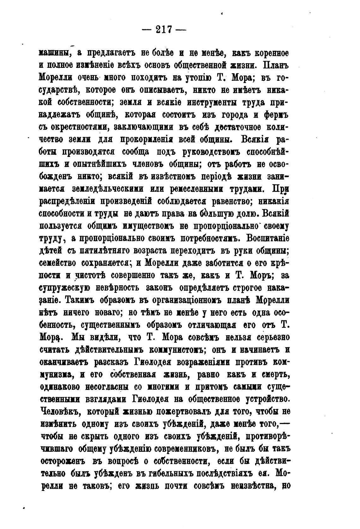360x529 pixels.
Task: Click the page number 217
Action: click(164, 30)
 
